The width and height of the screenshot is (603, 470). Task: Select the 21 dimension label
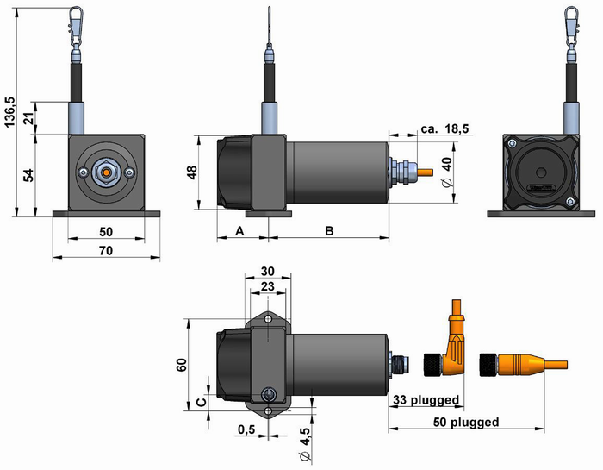[28, 118]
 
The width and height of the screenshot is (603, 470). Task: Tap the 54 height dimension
[28, 174]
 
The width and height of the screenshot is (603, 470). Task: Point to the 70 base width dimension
[104, 250]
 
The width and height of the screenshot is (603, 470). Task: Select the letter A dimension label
[239, 231]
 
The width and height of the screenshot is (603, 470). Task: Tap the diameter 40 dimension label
[447, 172]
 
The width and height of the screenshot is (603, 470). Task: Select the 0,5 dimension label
[247, 429]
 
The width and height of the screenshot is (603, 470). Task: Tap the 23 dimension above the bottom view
[267, 287]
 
